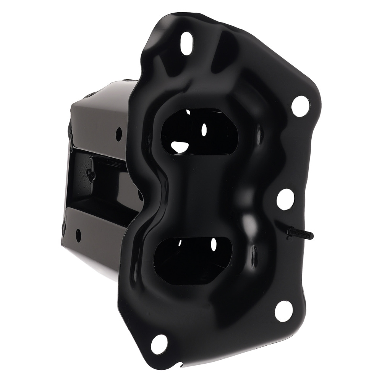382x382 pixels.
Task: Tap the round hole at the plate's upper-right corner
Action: (301, 106)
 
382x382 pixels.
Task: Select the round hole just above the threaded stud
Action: (285, 199)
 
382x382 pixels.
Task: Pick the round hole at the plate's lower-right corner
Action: (284, 311)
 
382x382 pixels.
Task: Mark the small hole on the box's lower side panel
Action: (78, 235)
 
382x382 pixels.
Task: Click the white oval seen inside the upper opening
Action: (204, 130)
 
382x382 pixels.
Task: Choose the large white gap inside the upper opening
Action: (180, 146)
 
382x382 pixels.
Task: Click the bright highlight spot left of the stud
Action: (250, 222)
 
